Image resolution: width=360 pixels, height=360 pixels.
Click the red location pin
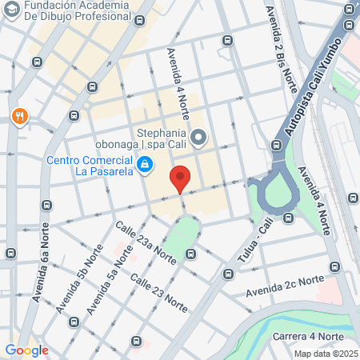(180, 178)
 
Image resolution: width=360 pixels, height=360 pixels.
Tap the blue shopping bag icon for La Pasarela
(145, 166)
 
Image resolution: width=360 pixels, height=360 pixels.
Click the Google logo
(26, 350)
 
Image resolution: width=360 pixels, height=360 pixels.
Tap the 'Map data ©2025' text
(325, 353)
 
